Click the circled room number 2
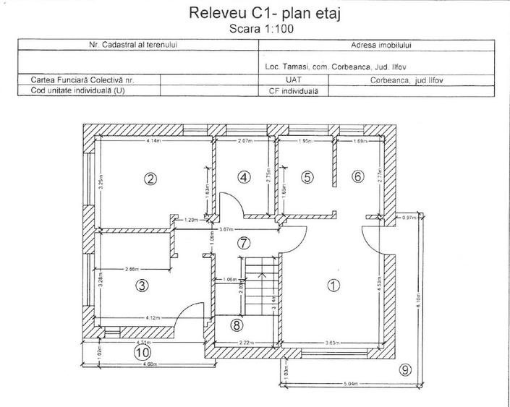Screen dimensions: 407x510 (150, 179)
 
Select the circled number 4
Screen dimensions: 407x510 (244, 176)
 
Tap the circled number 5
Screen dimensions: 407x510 (307, 176)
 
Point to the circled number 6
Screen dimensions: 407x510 (357, 176)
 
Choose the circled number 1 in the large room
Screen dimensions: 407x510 (333, 285)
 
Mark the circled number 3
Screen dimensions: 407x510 (143, 286)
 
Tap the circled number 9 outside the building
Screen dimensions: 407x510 (404, 369)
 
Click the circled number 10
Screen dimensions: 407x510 (143, 352)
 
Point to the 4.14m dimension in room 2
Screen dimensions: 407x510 (153, 142)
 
